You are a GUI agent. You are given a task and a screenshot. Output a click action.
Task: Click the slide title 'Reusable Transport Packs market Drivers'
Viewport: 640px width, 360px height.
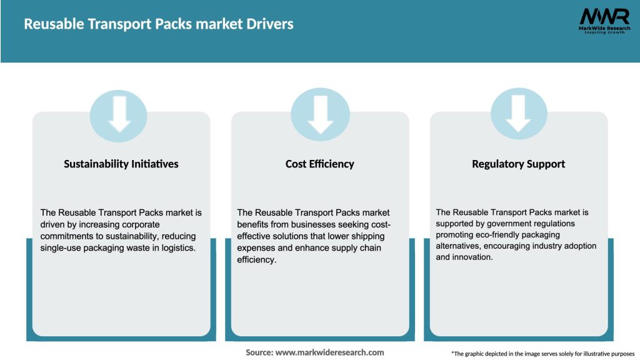(x=159, y=24)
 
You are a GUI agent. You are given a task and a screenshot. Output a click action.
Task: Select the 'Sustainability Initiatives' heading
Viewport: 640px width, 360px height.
(x=121, y=164)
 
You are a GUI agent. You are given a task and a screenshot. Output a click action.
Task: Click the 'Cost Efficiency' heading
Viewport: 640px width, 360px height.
(x=319, y=164)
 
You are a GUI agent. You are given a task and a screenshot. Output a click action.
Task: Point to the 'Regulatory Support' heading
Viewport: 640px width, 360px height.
(x=518, y=164)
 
